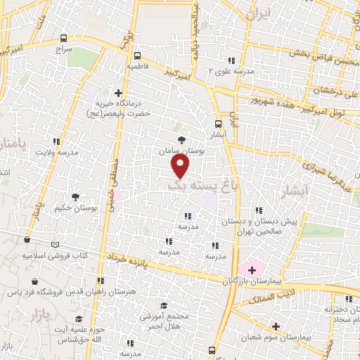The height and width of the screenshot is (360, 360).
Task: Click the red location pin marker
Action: [181, 166]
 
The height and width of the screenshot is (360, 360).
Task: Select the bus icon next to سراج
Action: [65, 39]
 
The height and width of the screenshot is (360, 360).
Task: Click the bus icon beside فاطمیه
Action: [137, 54]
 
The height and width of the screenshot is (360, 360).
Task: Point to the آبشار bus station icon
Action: [217, 124]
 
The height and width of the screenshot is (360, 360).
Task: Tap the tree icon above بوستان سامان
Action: [182, 140]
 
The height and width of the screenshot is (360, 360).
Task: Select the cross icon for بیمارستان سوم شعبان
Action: [275, 326]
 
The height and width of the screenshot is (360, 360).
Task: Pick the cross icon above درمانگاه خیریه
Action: [118, 92]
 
